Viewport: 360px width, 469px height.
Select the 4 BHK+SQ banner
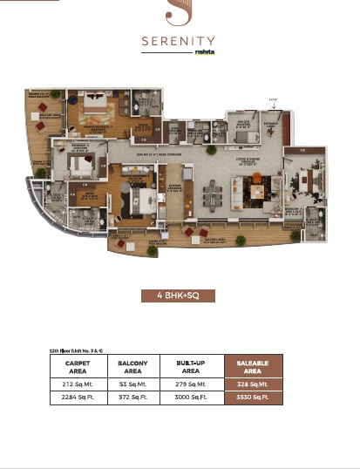coord(180,296)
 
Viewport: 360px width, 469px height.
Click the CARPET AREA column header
coord(78,366)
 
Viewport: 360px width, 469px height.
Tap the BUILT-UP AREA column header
coord(190,366)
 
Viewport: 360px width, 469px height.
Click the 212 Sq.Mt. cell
coord(78,383)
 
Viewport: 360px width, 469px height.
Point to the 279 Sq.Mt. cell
coord(190,383)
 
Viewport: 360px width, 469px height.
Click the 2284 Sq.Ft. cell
coord(78,397)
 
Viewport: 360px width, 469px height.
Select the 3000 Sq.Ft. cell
coord(190,397)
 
